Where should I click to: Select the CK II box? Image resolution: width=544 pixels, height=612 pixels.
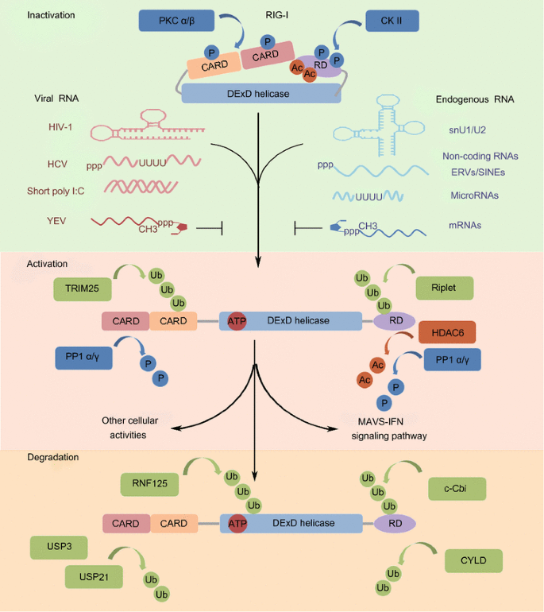(392, 21)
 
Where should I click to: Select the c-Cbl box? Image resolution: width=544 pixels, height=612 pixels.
(457, 488)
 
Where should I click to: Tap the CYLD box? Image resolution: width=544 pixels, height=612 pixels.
(474, 561)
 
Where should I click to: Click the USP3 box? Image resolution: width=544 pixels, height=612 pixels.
(59, 548)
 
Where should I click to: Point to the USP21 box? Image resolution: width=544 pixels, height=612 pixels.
(94, 575)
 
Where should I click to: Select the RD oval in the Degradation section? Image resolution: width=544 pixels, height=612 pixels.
(395, 523)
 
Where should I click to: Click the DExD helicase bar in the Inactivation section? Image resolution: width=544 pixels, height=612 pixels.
(261, 94)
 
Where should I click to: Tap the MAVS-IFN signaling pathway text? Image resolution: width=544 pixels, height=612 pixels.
(389, 428)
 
